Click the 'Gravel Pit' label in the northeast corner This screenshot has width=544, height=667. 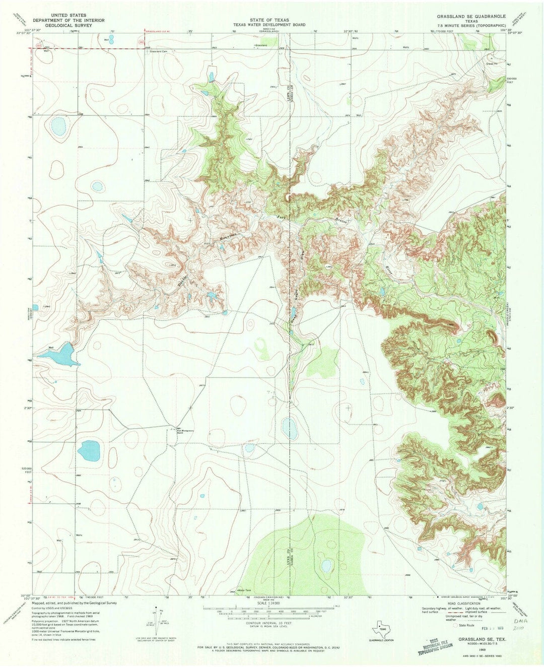pyautogui.click(x=492, y=64)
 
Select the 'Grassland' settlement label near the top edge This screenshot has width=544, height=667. pyautogui.click(x=261, y=46)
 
